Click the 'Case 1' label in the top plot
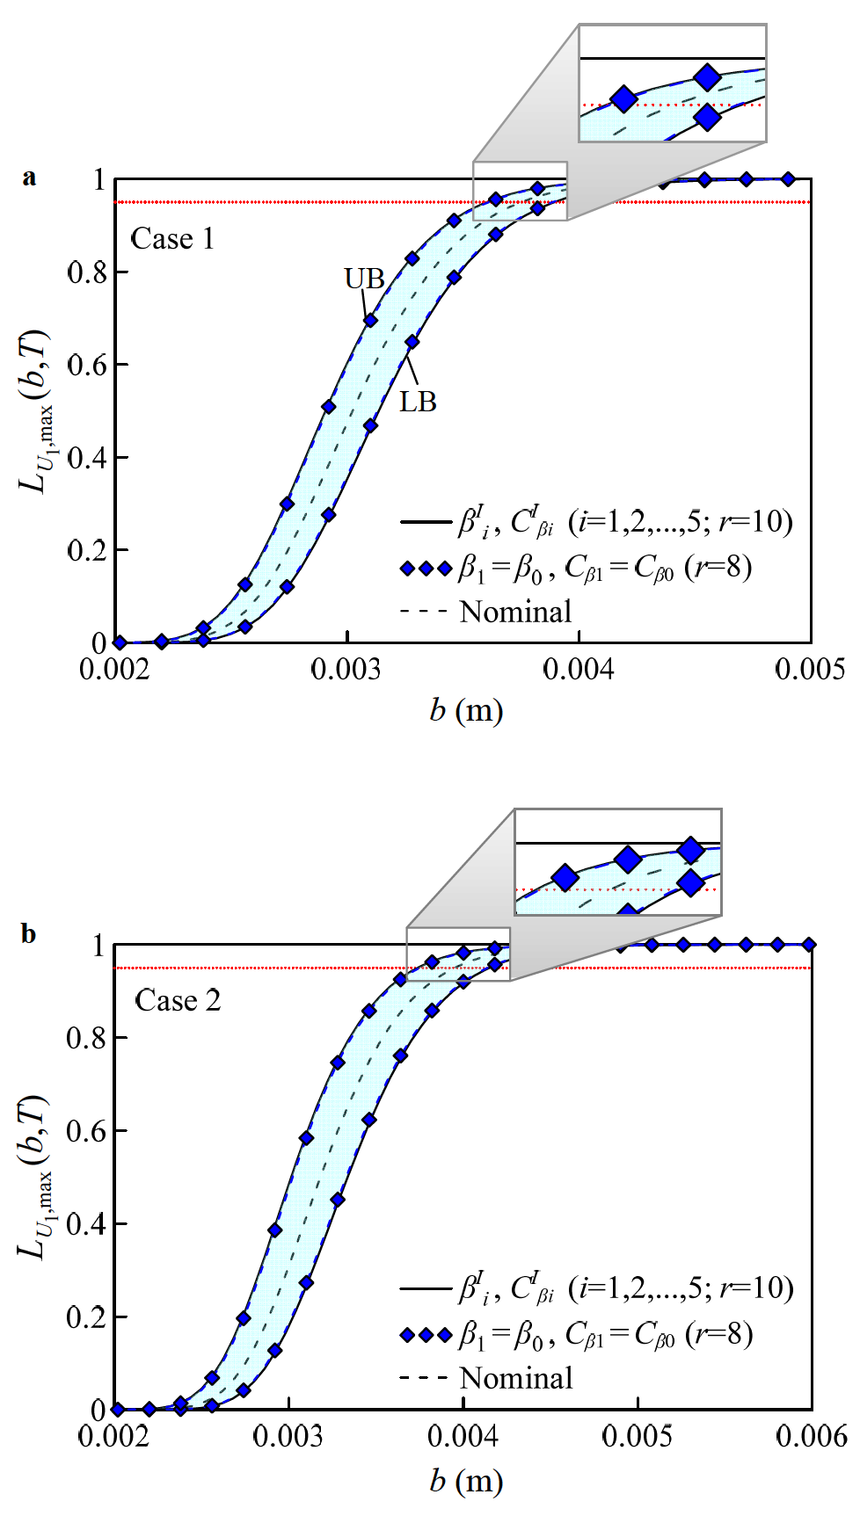coord(172,239)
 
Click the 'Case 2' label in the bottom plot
coord(178,1001)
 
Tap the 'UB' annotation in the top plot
coord(364,279)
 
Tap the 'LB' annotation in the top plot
coord(418,403)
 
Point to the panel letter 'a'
coord(30,178)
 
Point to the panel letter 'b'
coord(29,934)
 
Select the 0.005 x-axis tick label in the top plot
coord(809,671)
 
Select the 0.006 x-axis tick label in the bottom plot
coord(811,1438)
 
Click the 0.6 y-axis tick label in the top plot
coord(88,365)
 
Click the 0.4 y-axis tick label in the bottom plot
coord(87,1224)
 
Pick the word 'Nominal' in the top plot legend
coord(515,613)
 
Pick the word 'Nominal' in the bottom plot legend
coord(516,1379)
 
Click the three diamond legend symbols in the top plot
coord(426,569)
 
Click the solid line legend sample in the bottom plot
coord(425,1289)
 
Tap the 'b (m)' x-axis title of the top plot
coord(465,710)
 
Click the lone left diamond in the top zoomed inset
coord(623,98)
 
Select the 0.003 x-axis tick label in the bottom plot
coord(288,1438)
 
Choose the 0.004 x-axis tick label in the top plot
coord(579,671)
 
